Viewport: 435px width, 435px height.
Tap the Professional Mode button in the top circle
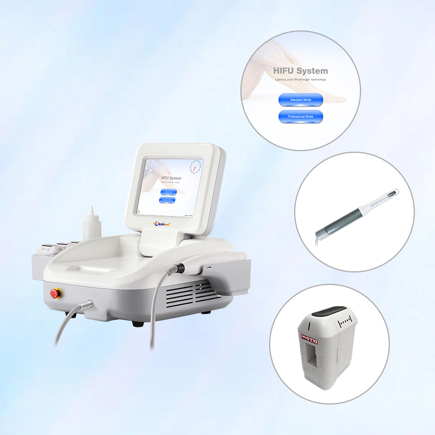point(300,116)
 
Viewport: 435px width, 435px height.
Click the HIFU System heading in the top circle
point(301,71)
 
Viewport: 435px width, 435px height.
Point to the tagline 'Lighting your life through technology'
point(301,79)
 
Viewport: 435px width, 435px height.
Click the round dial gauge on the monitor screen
point(194,167)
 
